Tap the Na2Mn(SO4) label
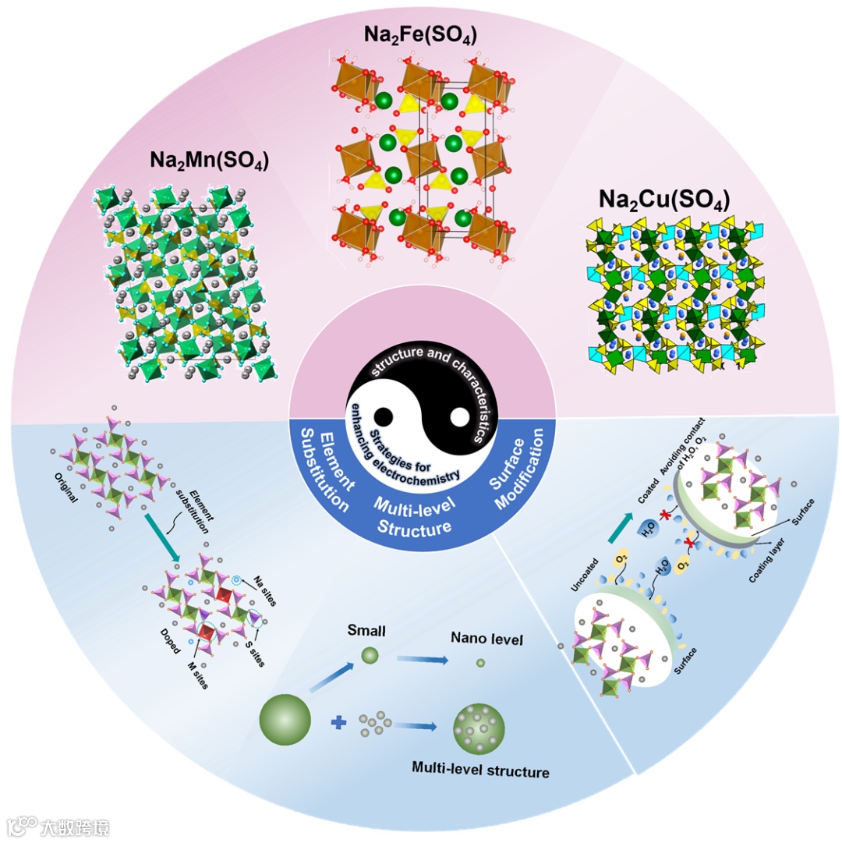coord(210,160)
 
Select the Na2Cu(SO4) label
coord(663,200)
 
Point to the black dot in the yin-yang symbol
coord(384,415)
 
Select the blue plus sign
coord(338,724)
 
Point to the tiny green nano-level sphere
coord(480,663)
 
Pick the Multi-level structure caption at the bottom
coord(480,771)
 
